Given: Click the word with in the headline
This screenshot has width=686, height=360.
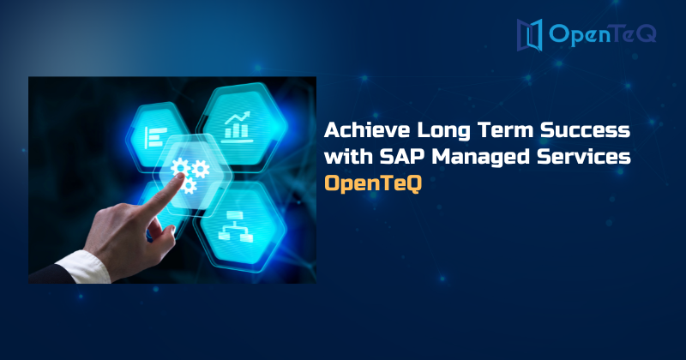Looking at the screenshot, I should point(346,158).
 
